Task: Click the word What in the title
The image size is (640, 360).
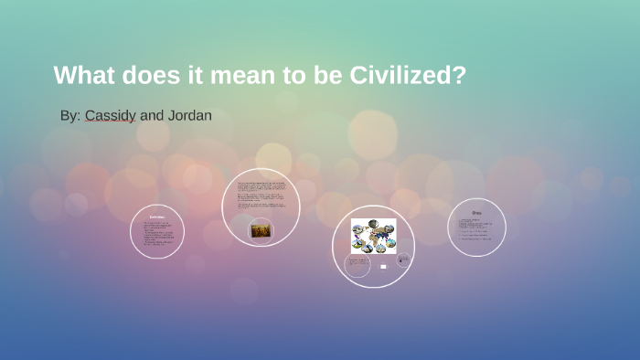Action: [x=84, y=75]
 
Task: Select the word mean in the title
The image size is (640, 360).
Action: [x=241, y=75]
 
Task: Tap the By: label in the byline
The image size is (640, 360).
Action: [x=70, y=116]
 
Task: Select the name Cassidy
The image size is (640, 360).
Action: [x=111, y=116]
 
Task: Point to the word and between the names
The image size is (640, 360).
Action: [x=152, y=116]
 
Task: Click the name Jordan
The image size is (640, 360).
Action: [x=189, y=116]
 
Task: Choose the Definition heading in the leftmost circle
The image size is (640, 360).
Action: [x=157, y=217]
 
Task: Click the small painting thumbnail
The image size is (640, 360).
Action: [x=261, y=230]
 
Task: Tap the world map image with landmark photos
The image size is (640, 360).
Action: [x=374, y=236]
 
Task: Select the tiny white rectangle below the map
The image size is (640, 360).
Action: [x=383, y=267]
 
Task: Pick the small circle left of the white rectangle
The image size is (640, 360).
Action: [x=357, y=265]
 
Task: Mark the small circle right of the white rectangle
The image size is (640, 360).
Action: [x=403, y=260]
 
